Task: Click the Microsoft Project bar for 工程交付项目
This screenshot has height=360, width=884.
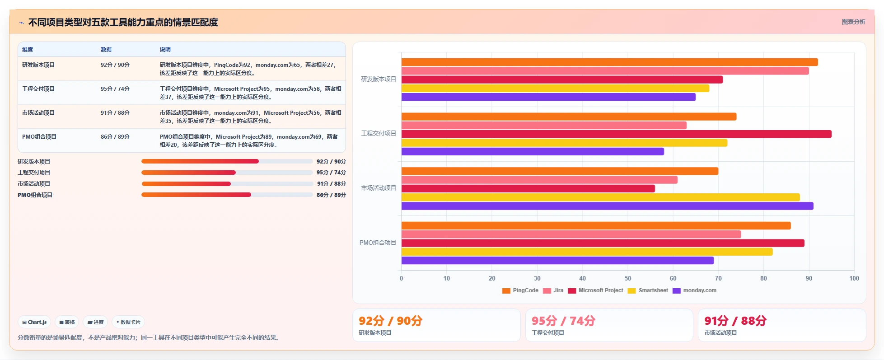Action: pos(616,134)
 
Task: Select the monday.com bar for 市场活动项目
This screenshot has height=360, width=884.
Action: pos(607,206)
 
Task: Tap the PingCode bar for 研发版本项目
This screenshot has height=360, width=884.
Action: pos(609,62)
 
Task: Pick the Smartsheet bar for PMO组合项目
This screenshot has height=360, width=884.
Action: pos(587,252)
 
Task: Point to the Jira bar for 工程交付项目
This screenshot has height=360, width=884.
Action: pos(544,125)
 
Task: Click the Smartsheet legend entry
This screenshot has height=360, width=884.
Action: pos(648,290)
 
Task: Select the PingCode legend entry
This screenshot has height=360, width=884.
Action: pos(520,290)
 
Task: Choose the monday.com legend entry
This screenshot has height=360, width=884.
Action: pos(694,290)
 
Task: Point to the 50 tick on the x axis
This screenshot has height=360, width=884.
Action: pos(628,278)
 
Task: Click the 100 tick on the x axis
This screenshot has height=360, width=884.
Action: pos(854,278)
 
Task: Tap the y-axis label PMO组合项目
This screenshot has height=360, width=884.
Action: pos(378,243)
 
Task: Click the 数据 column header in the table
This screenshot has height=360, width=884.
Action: pos(106,50)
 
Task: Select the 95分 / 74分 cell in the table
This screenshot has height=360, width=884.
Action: pos(115,89)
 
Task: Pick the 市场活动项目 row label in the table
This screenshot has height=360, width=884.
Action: pos(38,113)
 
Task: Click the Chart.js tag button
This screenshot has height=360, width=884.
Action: pos(34,322)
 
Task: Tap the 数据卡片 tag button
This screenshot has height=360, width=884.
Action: pos(128,322)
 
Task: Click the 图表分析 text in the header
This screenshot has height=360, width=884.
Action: pos(853,22)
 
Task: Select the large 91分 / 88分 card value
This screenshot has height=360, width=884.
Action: pos(735,321)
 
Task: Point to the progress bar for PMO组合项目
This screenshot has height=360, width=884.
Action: pos(227,195)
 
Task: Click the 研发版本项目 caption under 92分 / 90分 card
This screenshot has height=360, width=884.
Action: pos(375,333)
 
